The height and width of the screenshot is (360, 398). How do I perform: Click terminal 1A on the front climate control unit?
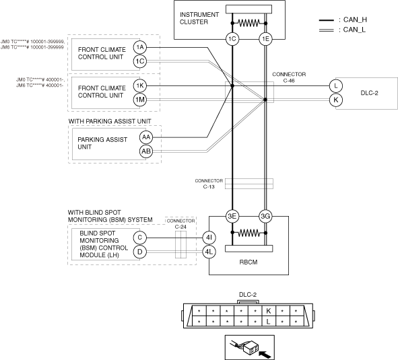140,48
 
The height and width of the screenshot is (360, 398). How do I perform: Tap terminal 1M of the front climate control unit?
140,100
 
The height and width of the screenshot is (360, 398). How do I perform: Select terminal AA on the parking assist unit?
146,137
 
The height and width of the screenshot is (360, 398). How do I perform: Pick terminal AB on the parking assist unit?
146,151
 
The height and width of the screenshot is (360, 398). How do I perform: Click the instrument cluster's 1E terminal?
265,39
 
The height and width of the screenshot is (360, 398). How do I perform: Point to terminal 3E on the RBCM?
232,216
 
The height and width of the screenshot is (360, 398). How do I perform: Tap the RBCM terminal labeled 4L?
209,252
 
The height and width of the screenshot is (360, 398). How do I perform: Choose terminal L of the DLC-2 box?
336,85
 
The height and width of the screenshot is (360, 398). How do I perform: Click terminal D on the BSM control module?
140,252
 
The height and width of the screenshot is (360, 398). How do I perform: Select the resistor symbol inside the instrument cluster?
248,23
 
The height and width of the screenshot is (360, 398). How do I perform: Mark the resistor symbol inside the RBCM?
248,233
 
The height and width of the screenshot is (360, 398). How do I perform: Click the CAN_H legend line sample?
327,20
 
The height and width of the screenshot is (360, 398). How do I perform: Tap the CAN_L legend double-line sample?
327,30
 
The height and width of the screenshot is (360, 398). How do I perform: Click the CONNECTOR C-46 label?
289,77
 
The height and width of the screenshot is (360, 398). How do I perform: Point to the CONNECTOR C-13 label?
209,184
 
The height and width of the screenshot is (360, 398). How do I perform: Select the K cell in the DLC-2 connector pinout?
269,310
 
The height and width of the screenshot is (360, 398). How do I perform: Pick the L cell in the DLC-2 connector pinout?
269,322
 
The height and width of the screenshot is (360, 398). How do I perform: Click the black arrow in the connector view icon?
265,354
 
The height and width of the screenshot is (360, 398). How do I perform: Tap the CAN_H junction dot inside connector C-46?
232,85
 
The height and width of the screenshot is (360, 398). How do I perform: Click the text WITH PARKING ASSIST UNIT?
110,121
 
